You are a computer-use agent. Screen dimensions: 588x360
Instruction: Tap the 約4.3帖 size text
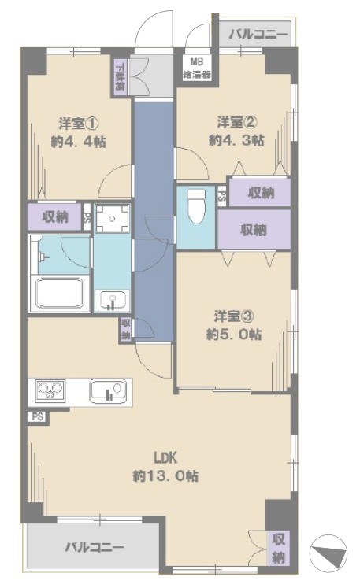[x=236, y=142]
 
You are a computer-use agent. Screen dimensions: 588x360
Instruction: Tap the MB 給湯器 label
[x=197, y=70]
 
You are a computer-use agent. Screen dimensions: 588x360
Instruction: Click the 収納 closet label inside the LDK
[x=278, y=549]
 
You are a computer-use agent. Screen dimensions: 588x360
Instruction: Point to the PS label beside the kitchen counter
[x=37, y=416]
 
